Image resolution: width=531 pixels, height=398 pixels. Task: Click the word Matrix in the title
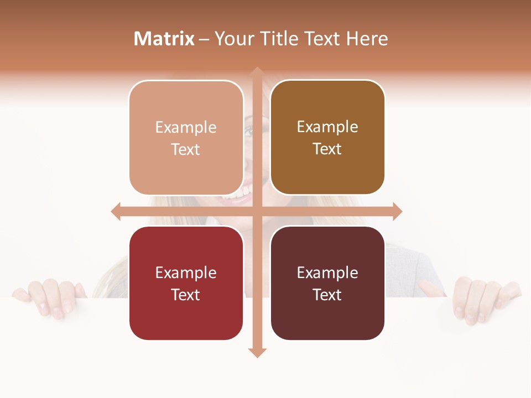pyautogui.click(x=164, y=39)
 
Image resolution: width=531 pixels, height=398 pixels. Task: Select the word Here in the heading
pyautogui.click(x=367, y=39)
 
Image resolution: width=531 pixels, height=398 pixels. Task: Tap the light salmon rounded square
pyautogui.click(x=186, y=138)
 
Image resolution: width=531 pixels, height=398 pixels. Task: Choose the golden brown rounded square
pyautogui.click(x=327, y=138)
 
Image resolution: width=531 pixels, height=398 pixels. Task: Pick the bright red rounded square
pyautogui.click(x=186, y=284)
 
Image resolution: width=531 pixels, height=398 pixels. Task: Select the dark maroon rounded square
pyautogui.click(x=327, y=284)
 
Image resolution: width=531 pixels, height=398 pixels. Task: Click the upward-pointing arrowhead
pyautogui.click(x=257, y=71)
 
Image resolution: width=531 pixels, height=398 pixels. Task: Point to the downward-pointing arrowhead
pyautogui.click(x=257, y=352)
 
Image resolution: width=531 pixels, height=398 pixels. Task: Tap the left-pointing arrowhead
pyautogui.click(x=116, y=211)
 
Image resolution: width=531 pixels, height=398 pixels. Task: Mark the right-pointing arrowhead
pyautogui.click(x=398, y=211)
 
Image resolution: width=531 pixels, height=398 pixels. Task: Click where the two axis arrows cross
pyautogui.click(x=257, y=211)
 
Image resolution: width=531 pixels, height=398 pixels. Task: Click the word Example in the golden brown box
pyautogui.click(x=327, y=127)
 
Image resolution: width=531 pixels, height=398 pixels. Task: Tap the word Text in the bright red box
pyautogui.click(x=186, y=295)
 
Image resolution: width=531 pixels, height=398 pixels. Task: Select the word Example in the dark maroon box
pyautogui.click(x=327, y=273)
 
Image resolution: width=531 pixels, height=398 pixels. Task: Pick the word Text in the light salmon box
pyautogui.click(x=186, y=149)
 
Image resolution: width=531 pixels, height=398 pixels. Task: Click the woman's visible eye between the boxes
pyautogui.click(x=248, y=132)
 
